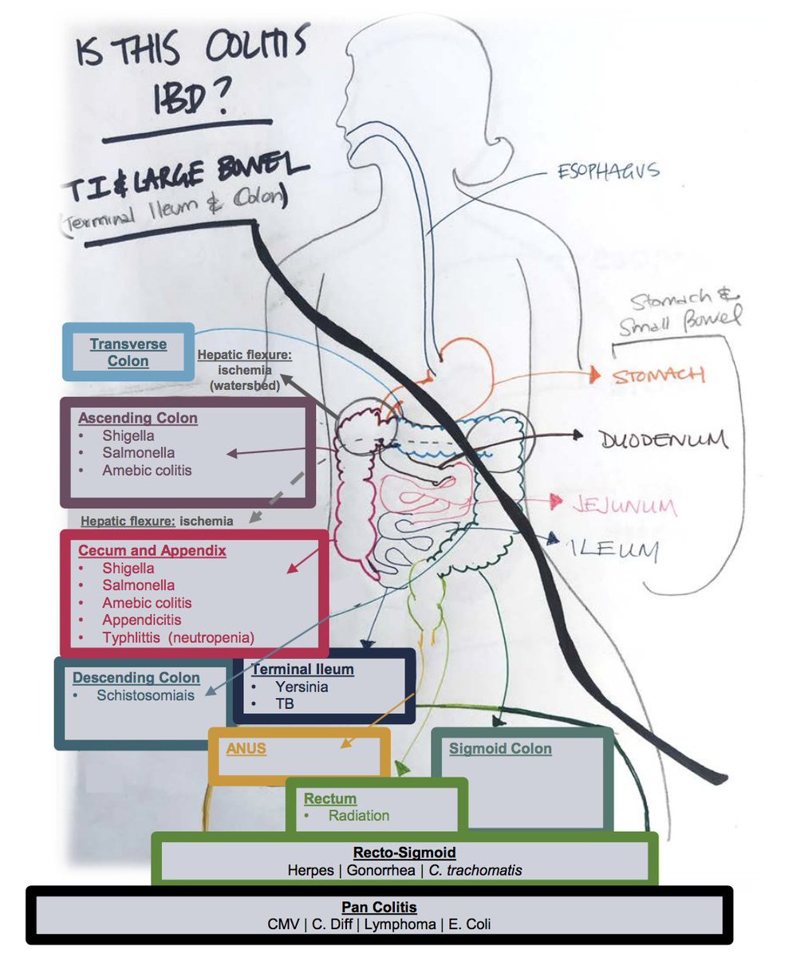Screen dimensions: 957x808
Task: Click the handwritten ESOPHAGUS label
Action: (x=609, y=171)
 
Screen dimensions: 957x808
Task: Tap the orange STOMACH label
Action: (x=659, y=375)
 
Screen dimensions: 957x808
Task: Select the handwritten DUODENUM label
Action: (x=662, y=438)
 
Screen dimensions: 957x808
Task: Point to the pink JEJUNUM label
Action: (x=625, y=505)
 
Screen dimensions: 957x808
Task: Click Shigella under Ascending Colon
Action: (x=128, y=435)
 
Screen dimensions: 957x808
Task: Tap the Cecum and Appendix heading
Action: (x=152, y=550)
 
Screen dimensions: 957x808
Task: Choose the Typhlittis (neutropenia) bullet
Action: (x=178, y=637)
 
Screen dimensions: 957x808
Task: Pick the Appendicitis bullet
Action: (x=141, y=620)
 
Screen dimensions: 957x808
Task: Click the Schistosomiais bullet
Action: (x=145, y=695)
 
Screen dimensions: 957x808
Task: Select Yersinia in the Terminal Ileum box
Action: (x=302, y=686)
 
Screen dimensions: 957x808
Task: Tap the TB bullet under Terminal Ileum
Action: (x=285, y=703)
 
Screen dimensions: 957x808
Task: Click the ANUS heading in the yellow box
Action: (x=246, y=749)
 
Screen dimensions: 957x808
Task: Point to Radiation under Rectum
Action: (x=358, y=815)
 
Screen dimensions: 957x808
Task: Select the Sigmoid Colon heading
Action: (x=500, y=748)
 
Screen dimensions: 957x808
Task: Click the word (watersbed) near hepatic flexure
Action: (x=244, y=385)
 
